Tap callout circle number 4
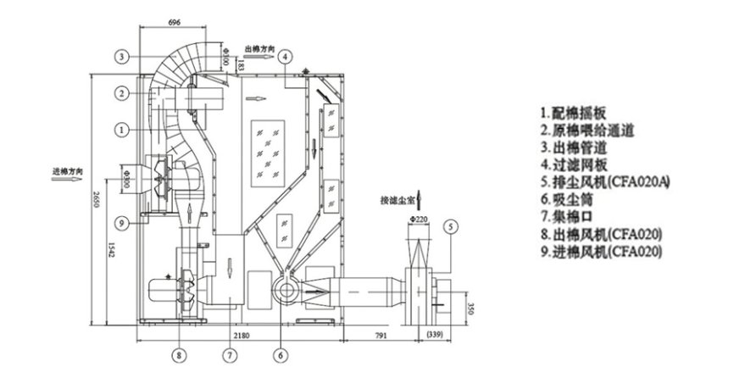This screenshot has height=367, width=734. (286, 56)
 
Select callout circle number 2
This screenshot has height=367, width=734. (124, 92)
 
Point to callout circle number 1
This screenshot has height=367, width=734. (124, 130)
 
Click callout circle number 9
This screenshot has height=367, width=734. (124, 224)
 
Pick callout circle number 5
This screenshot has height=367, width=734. (451, 226)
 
